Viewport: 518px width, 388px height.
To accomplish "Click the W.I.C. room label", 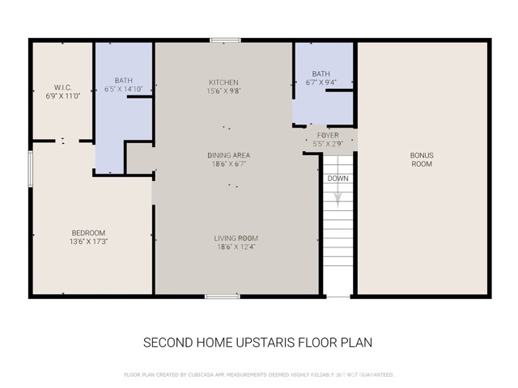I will click(64, 87).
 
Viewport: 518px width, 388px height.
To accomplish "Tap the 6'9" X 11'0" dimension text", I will click(64, 95).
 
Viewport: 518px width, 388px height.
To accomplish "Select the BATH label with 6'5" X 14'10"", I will click(124, 80).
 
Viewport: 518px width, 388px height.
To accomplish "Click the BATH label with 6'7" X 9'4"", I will click(322, 74).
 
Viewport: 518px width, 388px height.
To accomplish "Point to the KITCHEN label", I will click(224, 82).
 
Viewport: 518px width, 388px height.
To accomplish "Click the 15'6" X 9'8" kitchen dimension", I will click(224, 91).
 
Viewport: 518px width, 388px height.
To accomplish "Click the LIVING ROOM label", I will click(236, 238).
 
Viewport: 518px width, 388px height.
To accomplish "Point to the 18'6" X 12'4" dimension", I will click(236, 247).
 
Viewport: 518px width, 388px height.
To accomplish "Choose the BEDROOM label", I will click(90, 233).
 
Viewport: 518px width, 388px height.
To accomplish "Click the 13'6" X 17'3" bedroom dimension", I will click(90, 242).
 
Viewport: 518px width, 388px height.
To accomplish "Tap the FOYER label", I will click(328, 135).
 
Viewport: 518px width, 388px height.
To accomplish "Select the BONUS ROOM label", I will click(421, 159).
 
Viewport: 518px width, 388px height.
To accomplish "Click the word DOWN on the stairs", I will click(338, 179).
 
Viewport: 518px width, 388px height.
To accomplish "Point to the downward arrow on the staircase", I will click(338, 198).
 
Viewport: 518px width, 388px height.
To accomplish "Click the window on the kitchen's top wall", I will click(224, 40).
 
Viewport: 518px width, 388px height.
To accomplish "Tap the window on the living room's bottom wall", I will click(222, 296).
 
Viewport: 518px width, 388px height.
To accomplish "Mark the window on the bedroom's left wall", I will click(31, 167).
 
